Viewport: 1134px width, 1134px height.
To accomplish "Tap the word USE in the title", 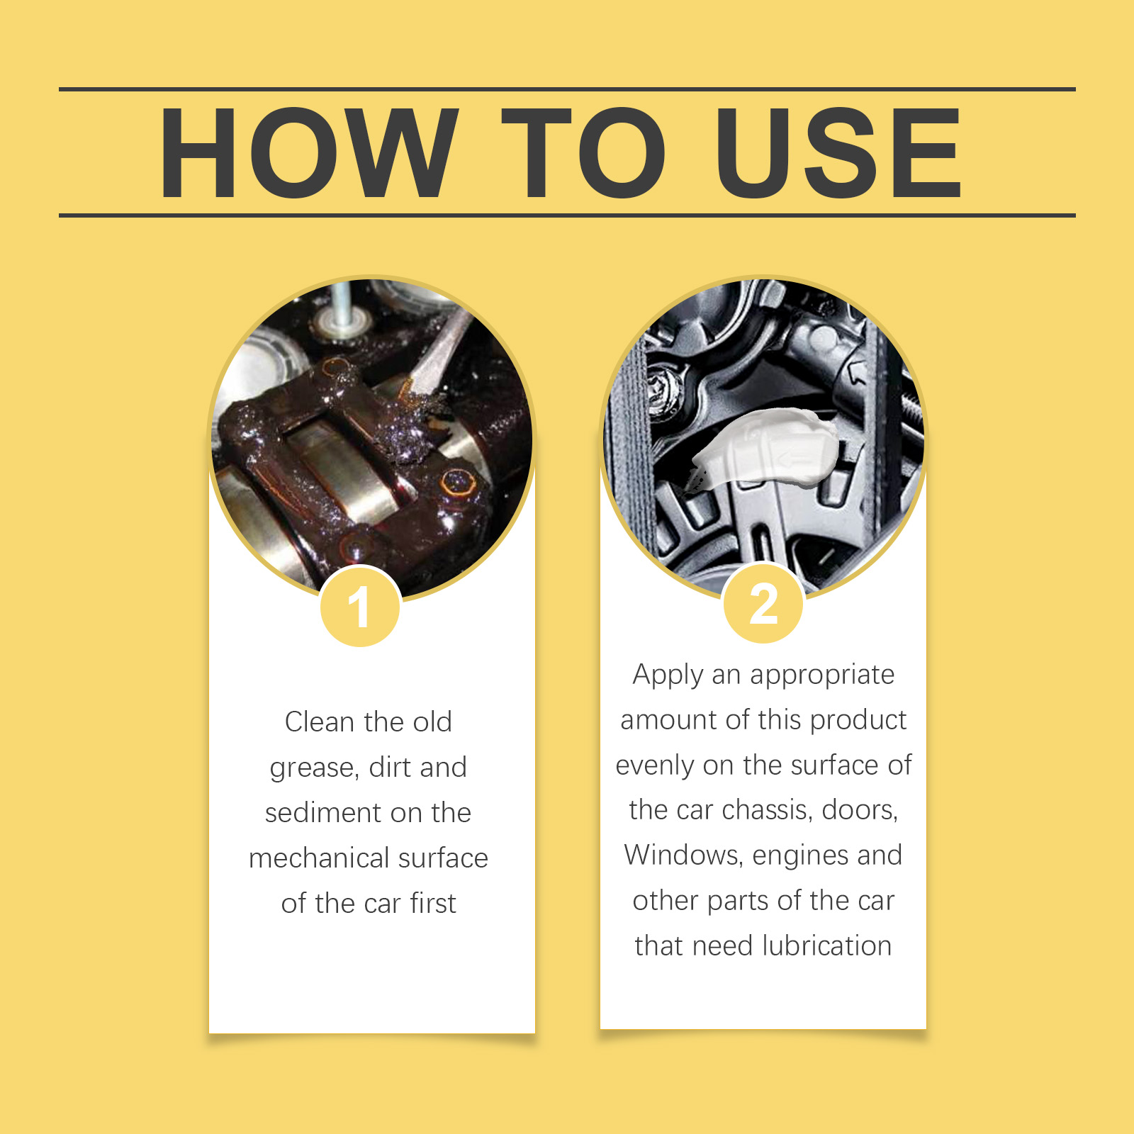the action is click(838, 153).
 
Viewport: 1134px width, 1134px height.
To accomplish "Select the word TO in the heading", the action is click(583, 153).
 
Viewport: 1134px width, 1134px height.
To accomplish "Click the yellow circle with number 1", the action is click(361, 607).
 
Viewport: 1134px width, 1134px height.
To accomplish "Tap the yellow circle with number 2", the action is click(763, 603).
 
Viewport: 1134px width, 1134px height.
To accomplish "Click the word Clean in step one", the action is click(319, 722).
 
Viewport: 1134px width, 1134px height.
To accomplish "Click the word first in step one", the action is click(433, 903).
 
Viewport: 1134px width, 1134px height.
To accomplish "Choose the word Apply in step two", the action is click(668, 675).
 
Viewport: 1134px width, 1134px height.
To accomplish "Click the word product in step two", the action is click(858, 721).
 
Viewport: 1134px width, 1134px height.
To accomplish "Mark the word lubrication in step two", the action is click(827, 945).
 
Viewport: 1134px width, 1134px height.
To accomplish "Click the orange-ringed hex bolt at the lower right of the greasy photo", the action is click(459, 484).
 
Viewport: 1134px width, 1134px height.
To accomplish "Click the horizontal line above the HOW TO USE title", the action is click(567, 89).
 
